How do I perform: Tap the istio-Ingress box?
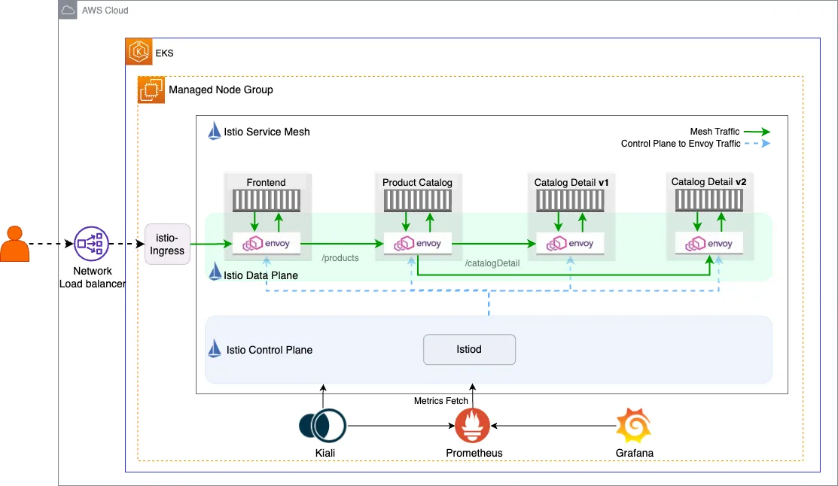click(167, 245)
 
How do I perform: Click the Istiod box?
click(469, 350)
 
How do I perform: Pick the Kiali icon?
click(322, 425)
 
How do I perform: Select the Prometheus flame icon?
click(472, 426)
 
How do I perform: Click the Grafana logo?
click(633, 426)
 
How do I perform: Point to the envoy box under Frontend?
click(267, 244)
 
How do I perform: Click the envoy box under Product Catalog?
click(418, 244)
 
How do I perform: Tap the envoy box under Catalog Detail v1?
click(570, 244)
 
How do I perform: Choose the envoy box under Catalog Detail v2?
click(709, 244)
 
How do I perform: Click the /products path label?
click(340, 258)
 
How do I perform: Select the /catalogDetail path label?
click(492, 263)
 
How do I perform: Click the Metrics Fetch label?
click(441, 401)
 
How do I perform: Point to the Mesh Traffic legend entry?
click(715, 132)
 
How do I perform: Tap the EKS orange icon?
click(139, 52)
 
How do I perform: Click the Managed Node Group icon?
click(151, 90)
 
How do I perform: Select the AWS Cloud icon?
click(68, 10)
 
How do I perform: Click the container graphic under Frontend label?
click(267, 200)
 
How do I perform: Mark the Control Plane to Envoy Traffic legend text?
click(681, 144)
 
